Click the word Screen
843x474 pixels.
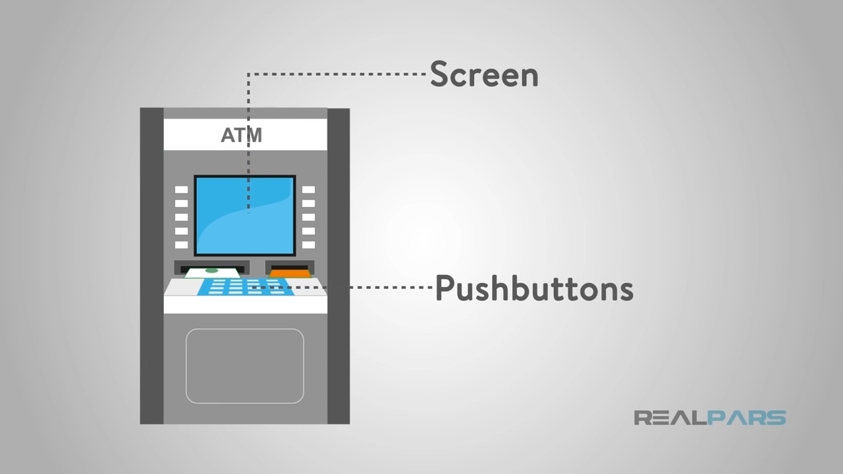pos(484,74)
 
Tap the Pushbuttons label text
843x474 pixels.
pos(534,288)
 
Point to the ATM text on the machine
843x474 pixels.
pos(241,135)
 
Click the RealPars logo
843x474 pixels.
pos(709,417)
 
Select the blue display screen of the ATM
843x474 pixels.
pos(244,215)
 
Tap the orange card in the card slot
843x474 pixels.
pos(289,273)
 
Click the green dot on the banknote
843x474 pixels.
pos(211,271)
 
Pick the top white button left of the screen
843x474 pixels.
pos(181,190)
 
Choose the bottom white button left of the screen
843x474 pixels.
pos(181,245)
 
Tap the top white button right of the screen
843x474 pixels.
pos(308,190)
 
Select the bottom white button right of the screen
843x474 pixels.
pos(308,245)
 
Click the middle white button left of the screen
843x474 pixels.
pos(181,217)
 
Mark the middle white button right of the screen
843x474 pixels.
pos(308,217)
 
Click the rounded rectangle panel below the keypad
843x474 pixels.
pos(244,365)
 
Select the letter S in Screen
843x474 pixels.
pos(439,75)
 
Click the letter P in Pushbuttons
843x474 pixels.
pos(445,288)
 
